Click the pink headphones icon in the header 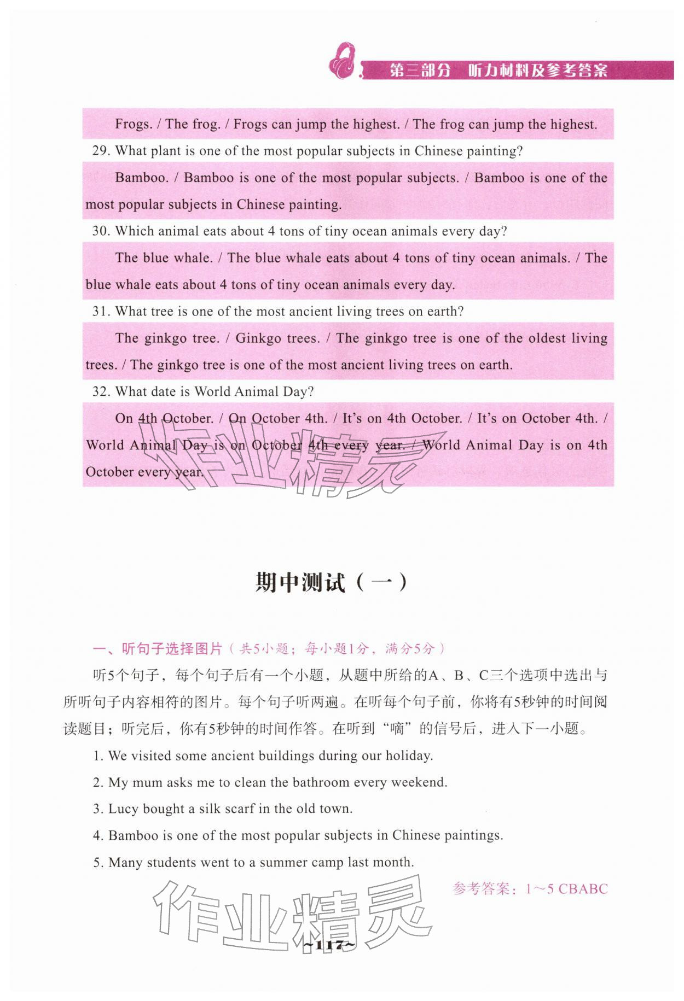pyautogui.click(x=342, y=61)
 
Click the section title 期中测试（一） pyautogui.click(x=332, y=583)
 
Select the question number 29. pyautogui.click(x=101, y=151)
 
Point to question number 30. pyautogui.click(x=101, y=231)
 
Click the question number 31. pyautogui.click(x=101, y=312)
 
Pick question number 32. pyautogui.click(x=101, y=392)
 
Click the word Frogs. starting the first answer pyautogui.click(x=133, y=124)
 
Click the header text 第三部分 pyautogui.click(x=420, y=71)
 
